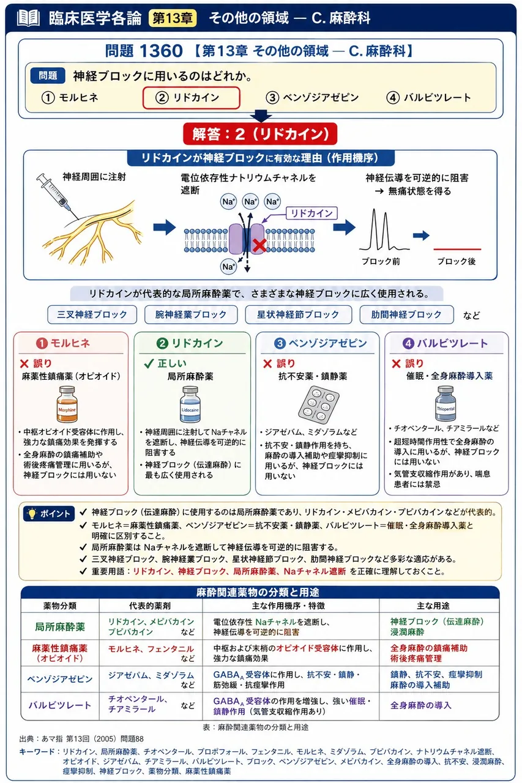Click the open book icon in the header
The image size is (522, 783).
pyautogui.click(x=28, y=18)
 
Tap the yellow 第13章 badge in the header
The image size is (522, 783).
pyautogui.click(x=173, y=18)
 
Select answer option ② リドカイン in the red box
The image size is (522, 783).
pyautogui.click(x=192, y=97)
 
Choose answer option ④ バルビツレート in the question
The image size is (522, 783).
pyautogui.click(x=428, y=97)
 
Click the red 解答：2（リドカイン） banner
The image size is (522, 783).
pyautogui.click(x=260, y=134)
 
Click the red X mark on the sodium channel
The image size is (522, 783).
pyautogui.click(x=259, y=245)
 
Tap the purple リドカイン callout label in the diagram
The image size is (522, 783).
pyautogui.click(x=311, y=213)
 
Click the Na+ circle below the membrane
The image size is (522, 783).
pyautogui.click(x=228, y=266)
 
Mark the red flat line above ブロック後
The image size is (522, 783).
pyautogui.click(x=457, y=249)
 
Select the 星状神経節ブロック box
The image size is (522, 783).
pyautogui.click(x=298, y=314)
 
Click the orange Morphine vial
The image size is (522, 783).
pyautogui.click(x=67, y=404)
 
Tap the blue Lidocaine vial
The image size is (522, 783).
pyautogui.click(x=190, y=404)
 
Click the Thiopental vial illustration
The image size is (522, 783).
pyautogui.click(x=446, y=403)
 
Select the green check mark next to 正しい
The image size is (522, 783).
pyautogui.click(x=149, y=363)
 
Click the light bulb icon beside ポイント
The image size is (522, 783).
pyautogui.click(x=32, y=513)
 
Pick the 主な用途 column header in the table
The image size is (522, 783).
pyautogui.click(x=433, y=606)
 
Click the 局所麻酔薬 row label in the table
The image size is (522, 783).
pyautogui.click(x=60, y=627)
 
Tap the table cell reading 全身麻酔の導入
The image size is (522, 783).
pyautogui.click(x=420, y=705)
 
